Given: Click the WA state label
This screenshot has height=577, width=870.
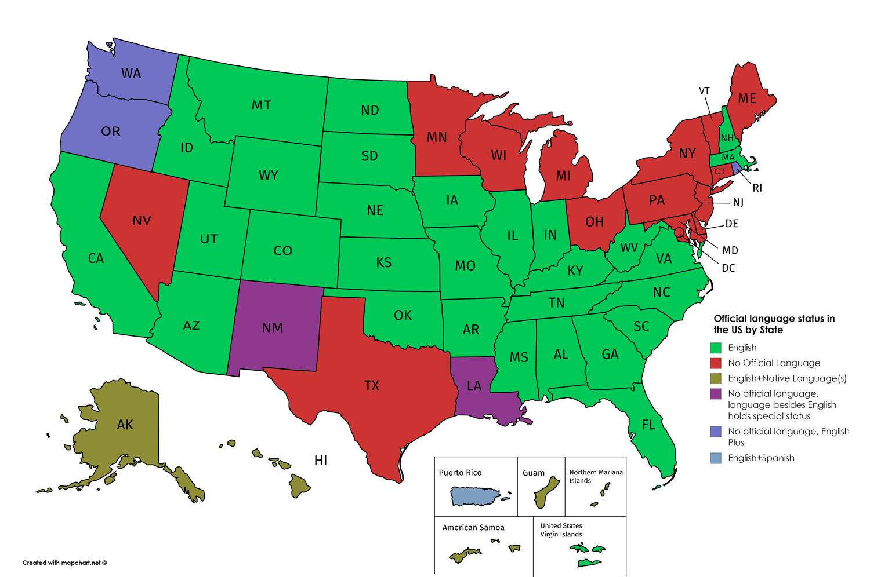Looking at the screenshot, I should [x=131, y=74].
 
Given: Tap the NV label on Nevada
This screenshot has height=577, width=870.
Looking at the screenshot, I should [x=142, y=221].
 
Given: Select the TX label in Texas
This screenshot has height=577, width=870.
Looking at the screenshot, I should [x=371, y=385].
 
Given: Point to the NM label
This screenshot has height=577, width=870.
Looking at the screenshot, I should [x=272, y=328].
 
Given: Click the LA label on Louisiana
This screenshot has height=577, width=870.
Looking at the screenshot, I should [x=474, y=386].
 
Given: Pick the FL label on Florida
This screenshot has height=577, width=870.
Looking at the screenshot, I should [x=648, y=425].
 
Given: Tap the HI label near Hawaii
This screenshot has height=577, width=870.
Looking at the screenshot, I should [x=321, y=461].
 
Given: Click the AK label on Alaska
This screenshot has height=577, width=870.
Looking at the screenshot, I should [x=125, y=425].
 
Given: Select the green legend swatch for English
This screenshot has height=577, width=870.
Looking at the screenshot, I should [x=716, y=348].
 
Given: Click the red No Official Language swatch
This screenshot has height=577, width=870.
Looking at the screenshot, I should [x=716, y=363].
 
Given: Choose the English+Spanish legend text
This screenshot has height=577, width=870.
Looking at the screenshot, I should [x=761, y=458].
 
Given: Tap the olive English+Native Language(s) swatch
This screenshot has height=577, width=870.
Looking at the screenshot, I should [x=716, y=378].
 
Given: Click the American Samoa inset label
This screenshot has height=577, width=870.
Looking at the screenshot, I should [x=473, y=528].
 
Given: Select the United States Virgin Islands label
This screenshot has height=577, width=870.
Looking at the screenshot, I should [x=561, y=530].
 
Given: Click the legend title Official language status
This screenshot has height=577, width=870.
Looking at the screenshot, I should [x=774, y=324].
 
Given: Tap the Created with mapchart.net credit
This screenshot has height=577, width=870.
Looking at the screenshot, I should [x=65, y=563].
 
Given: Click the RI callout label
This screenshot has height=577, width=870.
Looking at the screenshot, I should [x=757, y=188].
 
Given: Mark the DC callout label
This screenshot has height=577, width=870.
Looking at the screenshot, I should [x=728, y=269].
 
